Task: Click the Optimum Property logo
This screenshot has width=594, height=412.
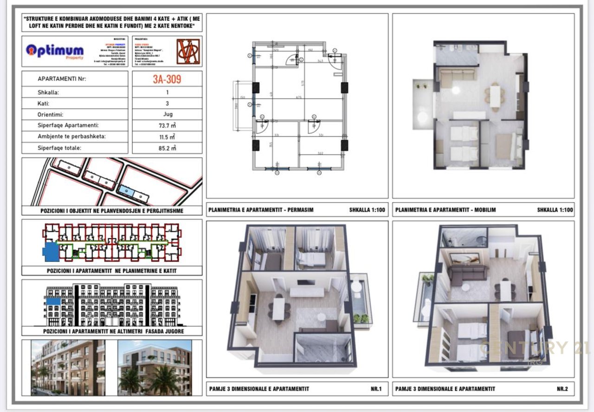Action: click(55, 51)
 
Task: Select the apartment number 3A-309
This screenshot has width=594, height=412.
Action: click(167, 79)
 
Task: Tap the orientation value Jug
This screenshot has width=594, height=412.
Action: click(167, 114)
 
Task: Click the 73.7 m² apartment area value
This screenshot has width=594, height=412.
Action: click(167, 125)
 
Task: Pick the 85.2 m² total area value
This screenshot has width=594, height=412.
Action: click(167, 148)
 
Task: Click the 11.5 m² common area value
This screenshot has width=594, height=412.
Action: click(167, 137)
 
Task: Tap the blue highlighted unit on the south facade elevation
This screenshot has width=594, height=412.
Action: click(53, 302)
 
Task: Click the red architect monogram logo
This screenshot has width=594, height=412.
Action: click(189, 52)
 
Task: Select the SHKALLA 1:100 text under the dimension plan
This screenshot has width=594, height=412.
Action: click(367, 210)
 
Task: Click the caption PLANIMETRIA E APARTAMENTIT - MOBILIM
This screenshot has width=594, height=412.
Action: click(445, 210)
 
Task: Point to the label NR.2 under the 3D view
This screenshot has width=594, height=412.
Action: click(562, 389)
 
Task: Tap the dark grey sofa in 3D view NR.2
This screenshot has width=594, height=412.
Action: click(466, 275)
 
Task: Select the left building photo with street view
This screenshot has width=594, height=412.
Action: click(68, 367)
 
